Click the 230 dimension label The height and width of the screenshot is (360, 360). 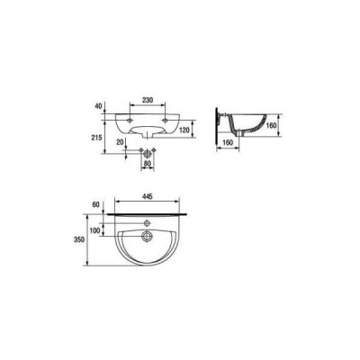148,100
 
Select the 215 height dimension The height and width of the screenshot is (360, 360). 98,138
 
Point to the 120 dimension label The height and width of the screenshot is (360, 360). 184,130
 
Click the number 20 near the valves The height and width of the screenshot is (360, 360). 121,142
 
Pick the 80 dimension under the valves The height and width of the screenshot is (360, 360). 148,164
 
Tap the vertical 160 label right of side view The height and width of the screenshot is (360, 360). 271,125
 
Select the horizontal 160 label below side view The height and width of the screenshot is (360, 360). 228,143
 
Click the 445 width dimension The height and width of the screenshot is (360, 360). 148,197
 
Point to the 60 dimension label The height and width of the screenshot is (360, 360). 95,205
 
